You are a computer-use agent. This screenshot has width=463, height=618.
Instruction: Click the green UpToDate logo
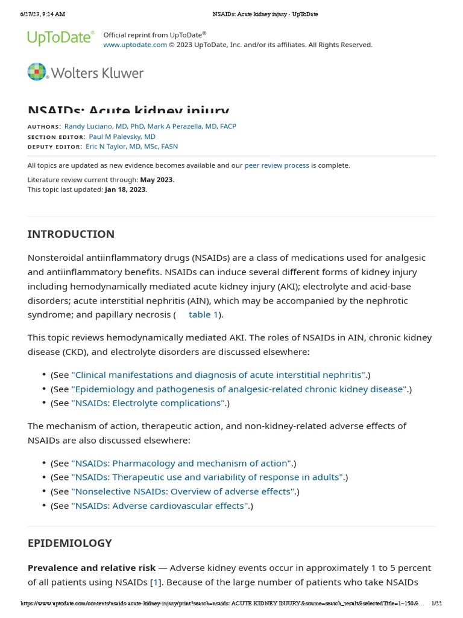click(x=60, y=38)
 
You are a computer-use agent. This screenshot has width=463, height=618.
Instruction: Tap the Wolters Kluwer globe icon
click(x=37, y=72)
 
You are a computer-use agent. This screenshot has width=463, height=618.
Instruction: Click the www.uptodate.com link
click(x=135, y=45)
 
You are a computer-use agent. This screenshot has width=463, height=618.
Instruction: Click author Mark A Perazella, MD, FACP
click(x=192, y=126)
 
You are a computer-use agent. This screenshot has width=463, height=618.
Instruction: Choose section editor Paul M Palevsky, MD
click(x=122, y=136)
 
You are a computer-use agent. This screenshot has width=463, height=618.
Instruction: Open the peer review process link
click(x=277, y=165)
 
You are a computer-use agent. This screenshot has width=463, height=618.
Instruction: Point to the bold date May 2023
click(x=157, y=180)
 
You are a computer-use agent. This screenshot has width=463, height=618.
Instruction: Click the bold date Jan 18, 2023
click(x=125, y=189)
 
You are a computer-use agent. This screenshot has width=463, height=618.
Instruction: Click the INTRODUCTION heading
click(x=71, y=234)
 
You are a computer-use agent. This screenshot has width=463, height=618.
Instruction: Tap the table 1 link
click(x=203, y=314)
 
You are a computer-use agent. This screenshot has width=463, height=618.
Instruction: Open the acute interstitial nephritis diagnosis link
click(x=218, y=375)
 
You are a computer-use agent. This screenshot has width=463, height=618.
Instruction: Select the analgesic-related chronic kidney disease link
click(x=239, y=389)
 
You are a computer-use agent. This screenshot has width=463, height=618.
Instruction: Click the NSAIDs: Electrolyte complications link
click(x=148, y=403)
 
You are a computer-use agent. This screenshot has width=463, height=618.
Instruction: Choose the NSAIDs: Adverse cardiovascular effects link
click(x=160, y=506)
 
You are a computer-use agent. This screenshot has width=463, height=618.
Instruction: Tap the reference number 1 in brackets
click(x=156, y=582)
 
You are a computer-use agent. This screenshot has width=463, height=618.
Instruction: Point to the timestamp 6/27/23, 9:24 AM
click(x=43, y=14)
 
